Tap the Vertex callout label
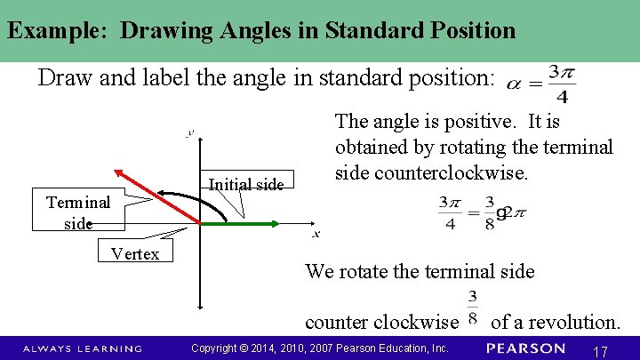(135, 254)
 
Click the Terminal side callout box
(78, 212)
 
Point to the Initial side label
(245, 185)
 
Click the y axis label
(189, 133)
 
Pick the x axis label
(315, 235)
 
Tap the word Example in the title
(59, 30)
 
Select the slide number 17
(599, 352)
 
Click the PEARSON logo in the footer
(526, 348)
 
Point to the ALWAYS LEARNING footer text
(82, 348)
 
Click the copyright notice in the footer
(320, 348)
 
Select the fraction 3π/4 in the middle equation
(450, 213)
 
